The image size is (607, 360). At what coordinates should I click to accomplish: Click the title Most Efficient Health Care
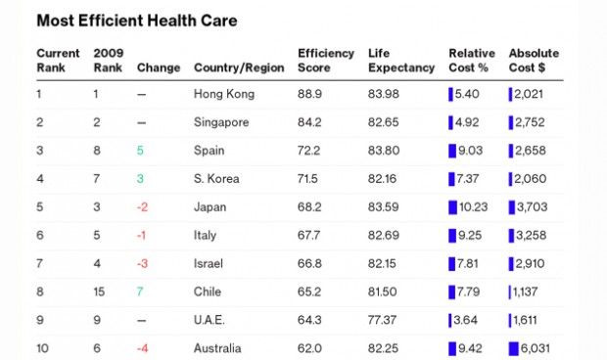tap(136, 21)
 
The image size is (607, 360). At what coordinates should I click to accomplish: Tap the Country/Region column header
tap(239, 67)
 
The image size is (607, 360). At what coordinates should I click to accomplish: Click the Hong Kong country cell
tap(224, 94)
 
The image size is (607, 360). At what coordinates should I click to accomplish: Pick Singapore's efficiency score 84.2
tap(309, 122)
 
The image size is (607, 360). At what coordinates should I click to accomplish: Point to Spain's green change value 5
tap(140, 151)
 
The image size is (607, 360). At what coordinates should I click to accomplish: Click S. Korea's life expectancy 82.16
tap(384, 179)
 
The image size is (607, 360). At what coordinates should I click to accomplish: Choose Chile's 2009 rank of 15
tap(99, 292)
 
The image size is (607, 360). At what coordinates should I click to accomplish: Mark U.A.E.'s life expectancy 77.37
tap(384, 320)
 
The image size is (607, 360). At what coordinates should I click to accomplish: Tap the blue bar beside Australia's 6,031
tap(513, 348)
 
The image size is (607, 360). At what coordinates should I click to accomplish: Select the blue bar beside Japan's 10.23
tap(452, 207)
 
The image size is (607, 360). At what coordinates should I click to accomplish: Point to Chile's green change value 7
tap(140, 292)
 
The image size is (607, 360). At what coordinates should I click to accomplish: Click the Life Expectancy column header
tap(401, 60)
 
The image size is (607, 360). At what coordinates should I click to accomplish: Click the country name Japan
tap(210, 207)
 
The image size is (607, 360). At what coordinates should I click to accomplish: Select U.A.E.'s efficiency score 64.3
tap(309, 320)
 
